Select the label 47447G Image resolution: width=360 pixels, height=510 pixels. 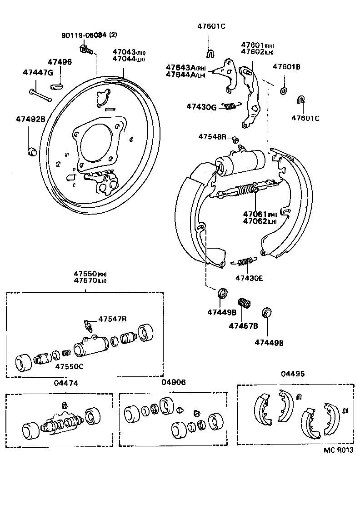click(38, 72)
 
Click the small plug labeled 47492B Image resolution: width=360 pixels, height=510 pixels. click(31, 151)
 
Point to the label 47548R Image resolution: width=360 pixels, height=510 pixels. click(212, 137)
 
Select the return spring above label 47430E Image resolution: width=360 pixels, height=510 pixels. click(245, 261)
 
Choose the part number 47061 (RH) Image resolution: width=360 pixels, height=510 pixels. click(254, 214)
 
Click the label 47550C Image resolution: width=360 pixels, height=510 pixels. click(70, 367)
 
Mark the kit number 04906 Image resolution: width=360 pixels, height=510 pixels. click(173, 383)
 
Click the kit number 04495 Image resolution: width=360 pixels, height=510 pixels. click(293, 374)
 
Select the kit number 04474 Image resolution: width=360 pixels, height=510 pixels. click(66, 383)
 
